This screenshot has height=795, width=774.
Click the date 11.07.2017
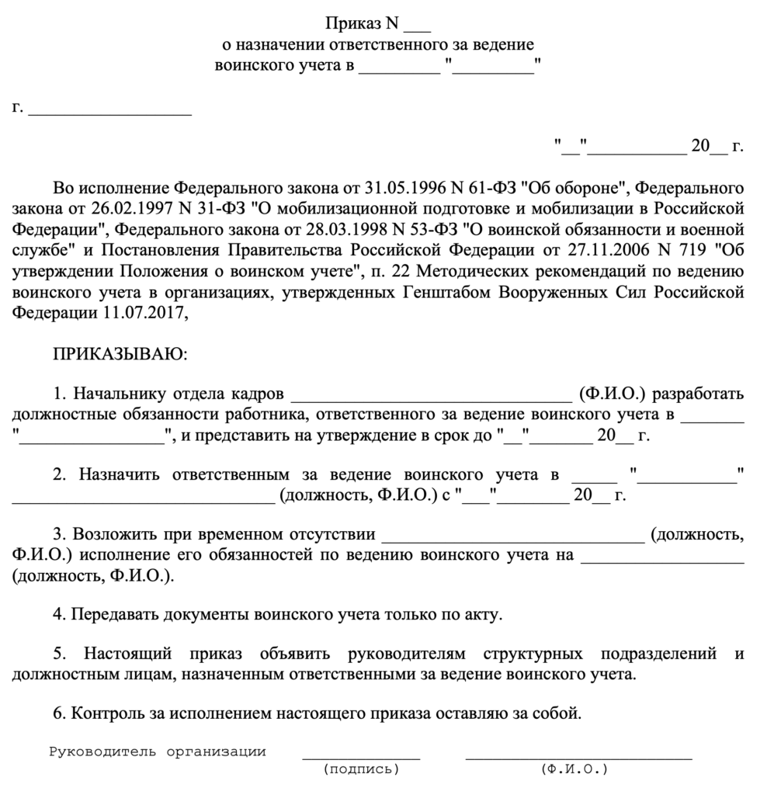click(x=144, y=314)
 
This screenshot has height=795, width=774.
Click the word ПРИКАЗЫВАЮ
click(x=119, y=355)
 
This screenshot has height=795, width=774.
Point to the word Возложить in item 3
click(x=113, y=535)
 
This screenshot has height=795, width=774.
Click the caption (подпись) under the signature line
click(x=360, y=770)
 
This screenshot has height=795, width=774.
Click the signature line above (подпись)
click(x=360, y=757)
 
